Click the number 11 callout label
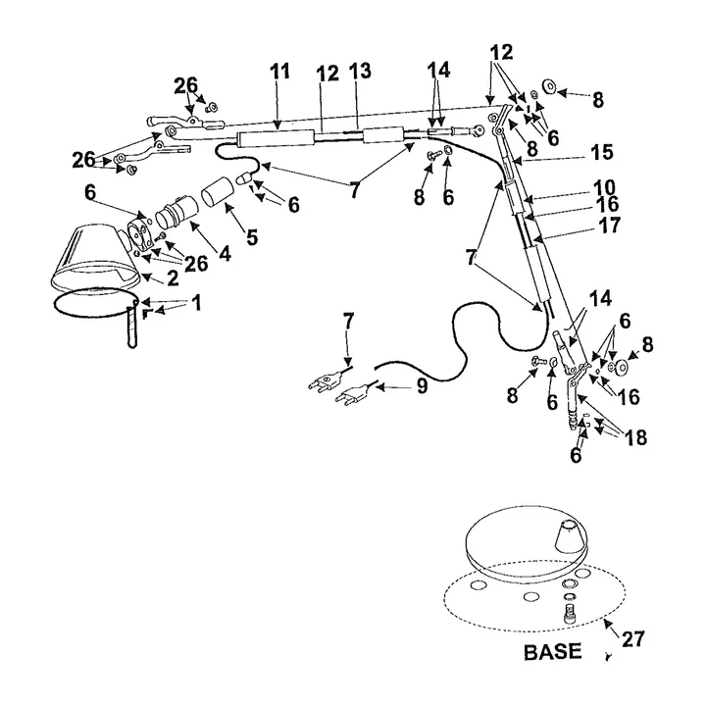tap(280, 72)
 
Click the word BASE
tap(553, 651)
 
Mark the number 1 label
tap(195, 303)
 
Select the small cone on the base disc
tap(563, 536)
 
